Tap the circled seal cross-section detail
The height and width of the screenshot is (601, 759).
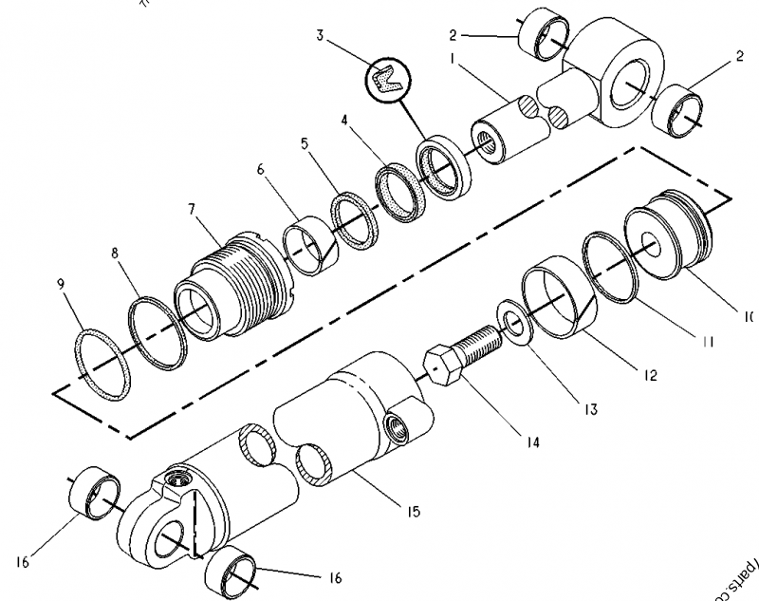coord(385,80)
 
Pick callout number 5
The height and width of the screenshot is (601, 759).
coord(304,144)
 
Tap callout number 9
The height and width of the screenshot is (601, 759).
coord(63,284)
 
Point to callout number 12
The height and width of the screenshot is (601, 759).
coord(650,376)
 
